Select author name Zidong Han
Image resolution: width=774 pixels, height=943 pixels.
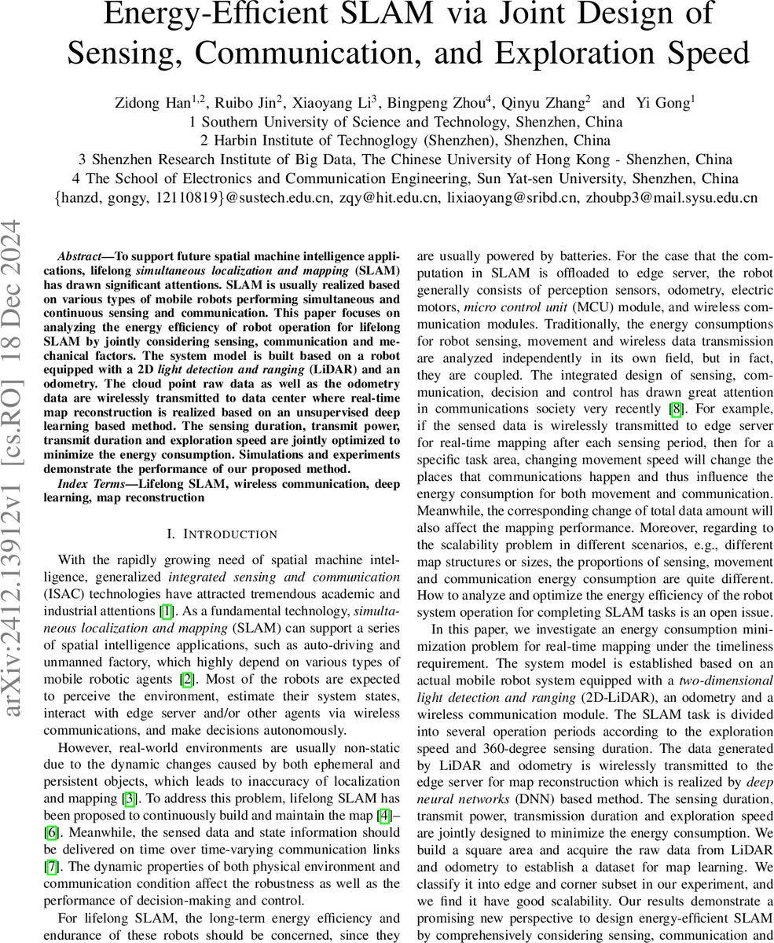pyautogui.click(x=149, y=102)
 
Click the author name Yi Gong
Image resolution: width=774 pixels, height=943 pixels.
pyautogui.click(x=668, y=102)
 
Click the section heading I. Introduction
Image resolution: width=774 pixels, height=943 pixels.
pyautogui.click(x=222, y=534)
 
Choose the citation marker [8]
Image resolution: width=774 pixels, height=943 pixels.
pyautogui.click(x=675, y=408)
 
